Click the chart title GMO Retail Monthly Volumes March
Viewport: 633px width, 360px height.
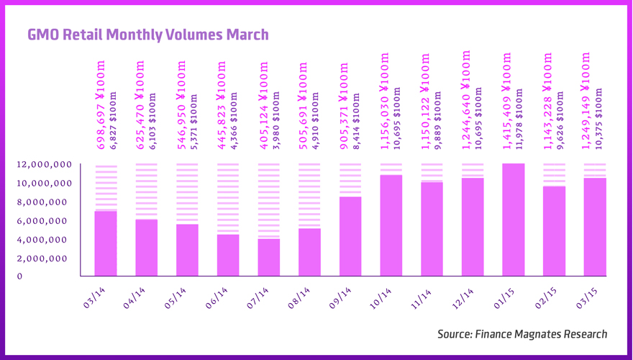147,35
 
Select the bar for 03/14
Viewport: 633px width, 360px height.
106,243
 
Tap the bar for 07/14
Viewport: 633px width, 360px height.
269,257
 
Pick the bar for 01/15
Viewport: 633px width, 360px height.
514,220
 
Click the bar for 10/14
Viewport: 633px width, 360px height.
391,225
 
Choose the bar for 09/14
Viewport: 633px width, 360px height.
350,236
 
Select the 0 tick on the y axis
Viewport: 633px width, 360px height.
19,276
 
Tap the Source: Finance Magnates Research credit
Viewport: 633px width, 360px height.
522,334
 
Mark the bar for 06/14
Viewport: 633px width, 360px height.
228,255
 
